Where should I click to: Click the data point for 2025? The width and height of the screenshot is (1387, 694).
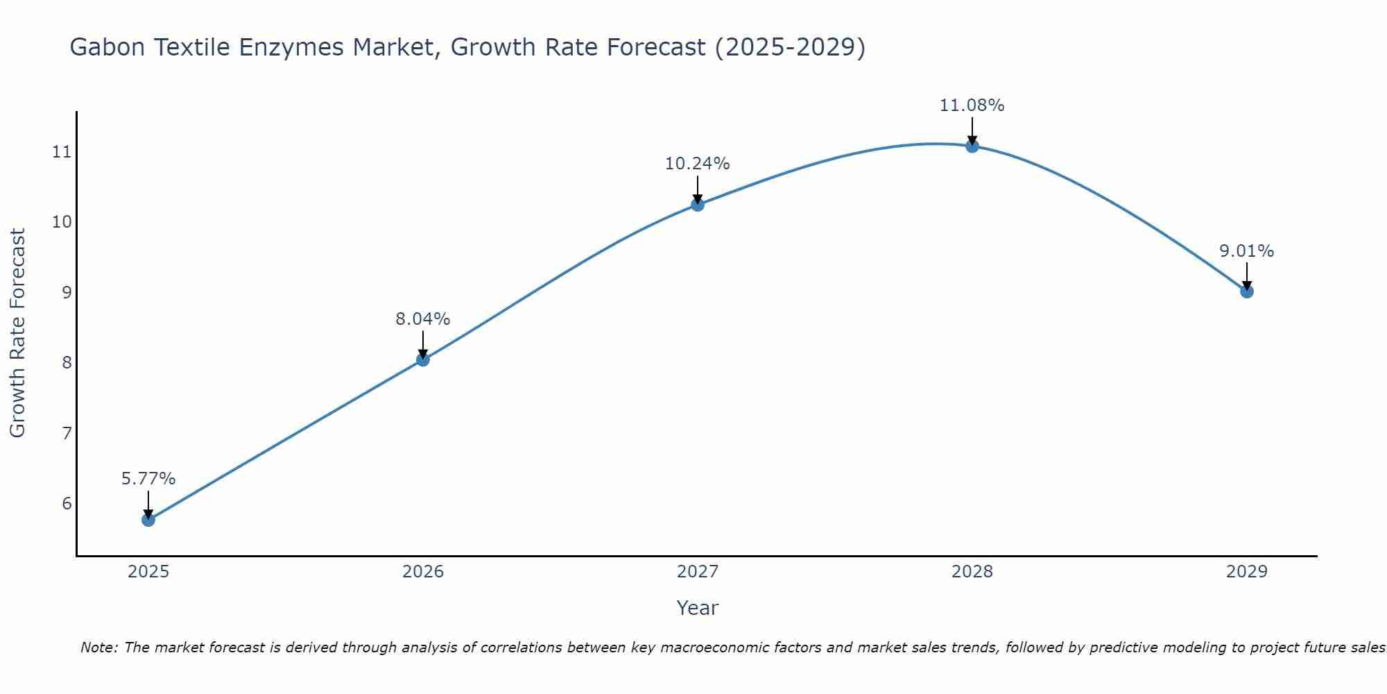click(x=148, y=520)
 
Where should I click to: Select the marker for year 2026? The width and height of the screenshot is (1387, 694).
click(x=423, y=359)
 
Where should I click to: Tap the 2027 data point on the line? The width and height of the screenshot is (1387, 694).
click(x=698, y=205)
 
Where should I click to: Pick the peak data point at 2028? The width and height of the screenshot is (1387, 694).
click(x=972, y=146)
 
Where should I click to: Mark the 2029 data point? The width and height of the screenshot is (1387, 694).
click(x=1247, y=291)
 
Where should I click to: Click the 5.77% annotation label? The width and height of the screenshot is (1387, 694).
click(x=148, y=479)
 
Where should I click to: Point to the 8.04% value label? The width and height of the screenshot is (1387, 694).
click(x=423, y=319)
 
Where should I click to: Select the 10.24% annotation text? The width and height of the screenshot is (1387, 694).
click(x=698, y=164)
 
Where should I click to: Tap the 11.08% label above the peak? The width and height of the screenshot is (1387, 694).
click(x=972, y=105)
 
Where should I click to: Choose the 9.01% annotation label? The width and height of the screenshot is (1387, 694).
click(x=1247, y=251)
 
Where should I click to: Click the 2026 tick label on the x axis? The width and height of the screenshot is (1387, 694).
click(x=423, y=572)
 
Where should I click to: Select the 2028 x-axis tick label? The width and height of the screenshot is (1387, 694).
click(x=972, y=572)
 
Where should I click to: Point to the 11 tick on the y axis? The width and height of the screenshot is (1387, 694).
click(x=62, y=152)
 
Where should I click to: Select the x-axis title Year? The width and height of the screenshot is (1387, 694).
click(x=698, y=608)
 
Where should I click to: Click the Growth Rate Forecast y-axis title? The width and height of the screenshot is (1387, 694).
click(x=18, y=333)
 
